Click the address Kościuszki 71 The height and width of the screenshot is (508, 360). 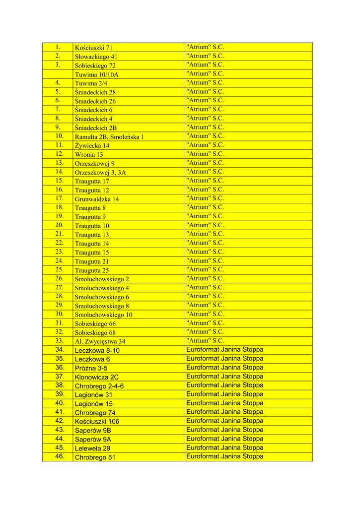pyautogui.click(x=94, y=48)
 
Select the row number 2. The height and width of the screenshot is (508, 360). pyautogui.click(x=58, y=56)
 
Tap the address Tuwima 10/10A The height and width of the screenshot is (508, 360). pyautogui.click(x=97, y=74)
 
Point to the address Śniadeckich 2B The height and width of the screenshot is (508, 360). pyautogui.click(x=96, y=128)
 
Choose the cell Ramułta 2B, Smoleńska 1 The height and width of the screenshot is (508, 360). pyautogui.click(x=109, y=137)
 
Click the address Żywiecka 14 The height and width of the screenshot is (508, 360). pyautogui.click(x=92, y=146)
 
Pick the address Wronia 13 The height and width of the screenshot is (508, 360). pyautogui.click(x=89, y=155)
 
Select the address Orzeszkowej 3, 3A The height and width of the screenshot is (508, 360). pyautogui.click(x=100, y=173)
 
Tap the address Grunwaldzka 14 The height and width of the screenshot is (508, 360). pyautogui.click(x=97, y=199)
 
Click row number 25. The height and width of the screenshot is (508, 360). pyautogui.click(x=60, y=269)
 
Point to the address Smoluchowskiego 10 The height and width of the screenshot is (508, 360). pyautogui.click(x=103, y=315)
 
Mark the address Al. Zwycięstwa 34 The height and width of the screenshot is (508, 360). pyautogui.click(x=100, y=341)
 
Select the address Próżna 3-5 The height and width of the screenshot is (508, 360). pyautogui.click(x=91, y=368)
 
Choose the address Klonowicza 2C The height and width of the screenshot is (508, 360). pyautogui.click(x=96, y=377)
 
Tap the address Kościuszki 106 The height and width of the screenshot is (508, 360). pyautogui.click(x=97, y=422)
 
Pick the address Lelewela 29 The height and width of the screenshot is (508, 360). pyautogui.click(x=92, y=448)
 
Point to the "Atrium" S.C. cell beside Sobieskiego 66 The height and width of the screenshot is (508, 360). pyautogui.click(x=205, y=322)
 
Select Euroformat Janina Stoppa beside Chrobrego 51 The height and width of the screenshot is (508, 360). pyautogui.click(x=224, y=456)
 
